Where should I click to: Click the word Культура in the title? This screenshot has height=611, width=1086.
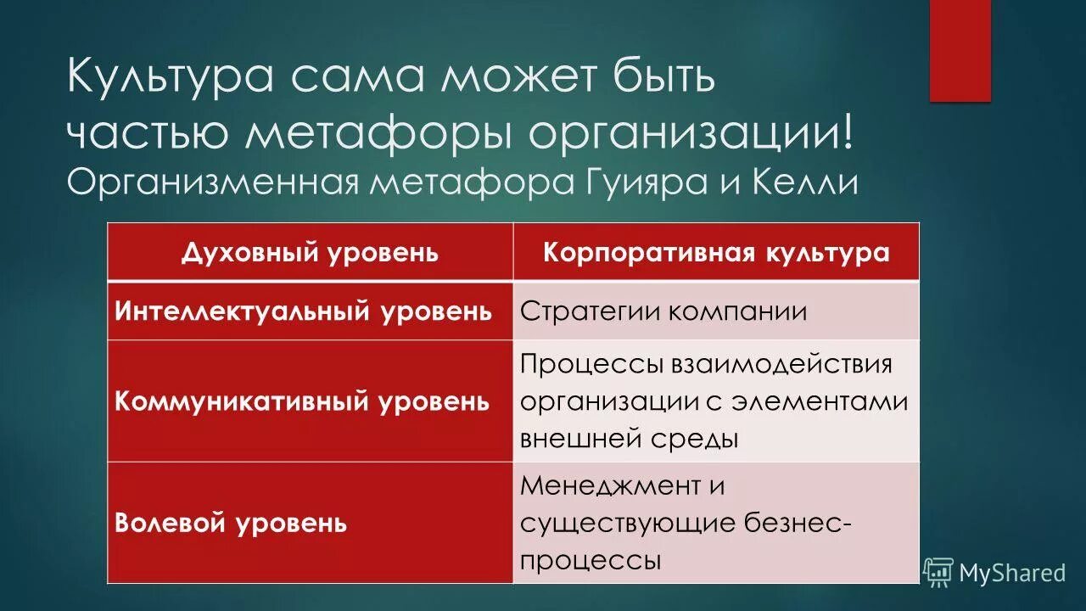(x=169, y=78)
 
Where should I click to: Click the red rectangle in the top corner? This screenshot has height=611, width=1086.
(x=960, y=51)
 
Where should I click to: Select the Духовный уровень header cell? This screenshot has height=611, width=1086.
(x=310, y=252)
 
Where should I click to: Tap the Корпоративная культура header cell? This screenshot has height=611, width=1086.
(x=715, y=252)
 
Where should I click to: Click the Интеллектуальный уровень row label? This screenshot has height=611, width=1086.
(x=303, y=311)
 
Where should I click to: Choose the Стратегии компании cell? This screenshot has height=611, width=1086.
(x=663, y=311)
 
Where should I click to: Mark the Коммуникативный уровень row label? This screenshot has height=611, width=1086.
(x=302, y=401)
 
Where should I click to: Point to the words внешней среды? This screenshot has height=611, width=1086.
(x=629, y=439)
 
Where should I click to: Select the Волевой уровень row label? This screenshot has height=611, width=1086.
(x=231, y=522)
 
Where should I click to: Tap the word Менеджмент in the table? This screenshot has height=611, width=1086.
(x=610, y=486)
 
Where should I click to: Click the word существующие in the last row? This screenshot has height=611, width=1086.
(x=627, y=524)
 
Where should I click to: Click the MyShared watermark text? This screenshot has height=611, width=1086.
(x=1011, y=573)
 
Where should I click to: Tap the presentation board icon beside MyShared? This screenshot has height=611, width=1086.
(x=938, y=572)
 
